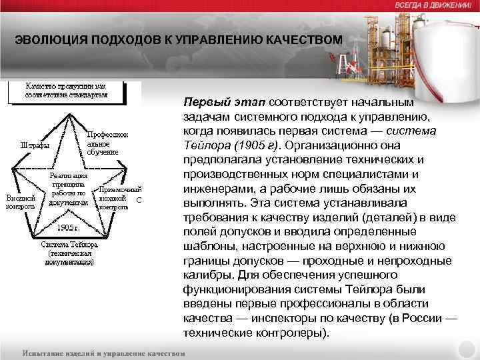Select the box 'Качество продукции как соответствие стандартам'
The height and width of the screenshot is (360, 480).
75,91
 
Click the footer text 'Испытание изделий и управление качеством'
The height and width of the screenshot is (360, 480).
103,351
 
